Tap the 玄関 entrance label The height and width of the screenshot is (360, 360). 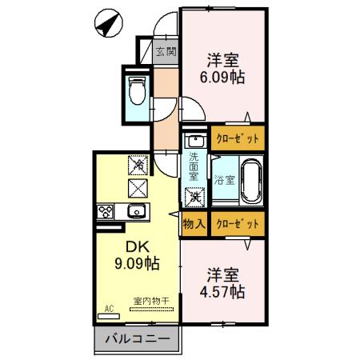pyautogui.click(x=166, y=54)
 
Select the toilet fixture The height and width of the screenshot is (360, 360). pyautogui.click(x=134, y=90)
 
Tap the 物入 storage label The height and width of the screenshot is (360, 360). pyautogui.click(x=193, y=224)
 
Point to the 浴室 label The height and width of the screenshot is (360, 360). pyautogui.click(x=223, y=181)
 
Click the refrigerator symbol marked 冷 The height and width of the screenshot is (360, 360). pyautogui.click(x=138, y=165)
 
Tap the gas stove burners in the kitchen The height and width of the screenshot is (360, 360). pyautogui.click(x=105, y=212)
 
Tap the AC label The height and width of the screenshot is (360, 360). pyautogui.click(x=108, y=307)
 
